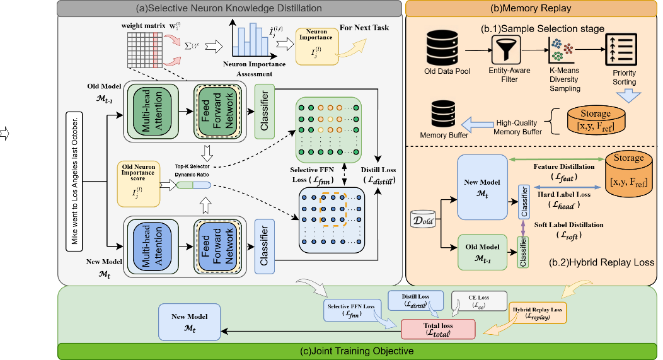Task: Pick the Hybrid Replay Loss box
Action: click(538, 312)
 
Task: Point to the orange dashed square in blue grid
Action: click(331, 210)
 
